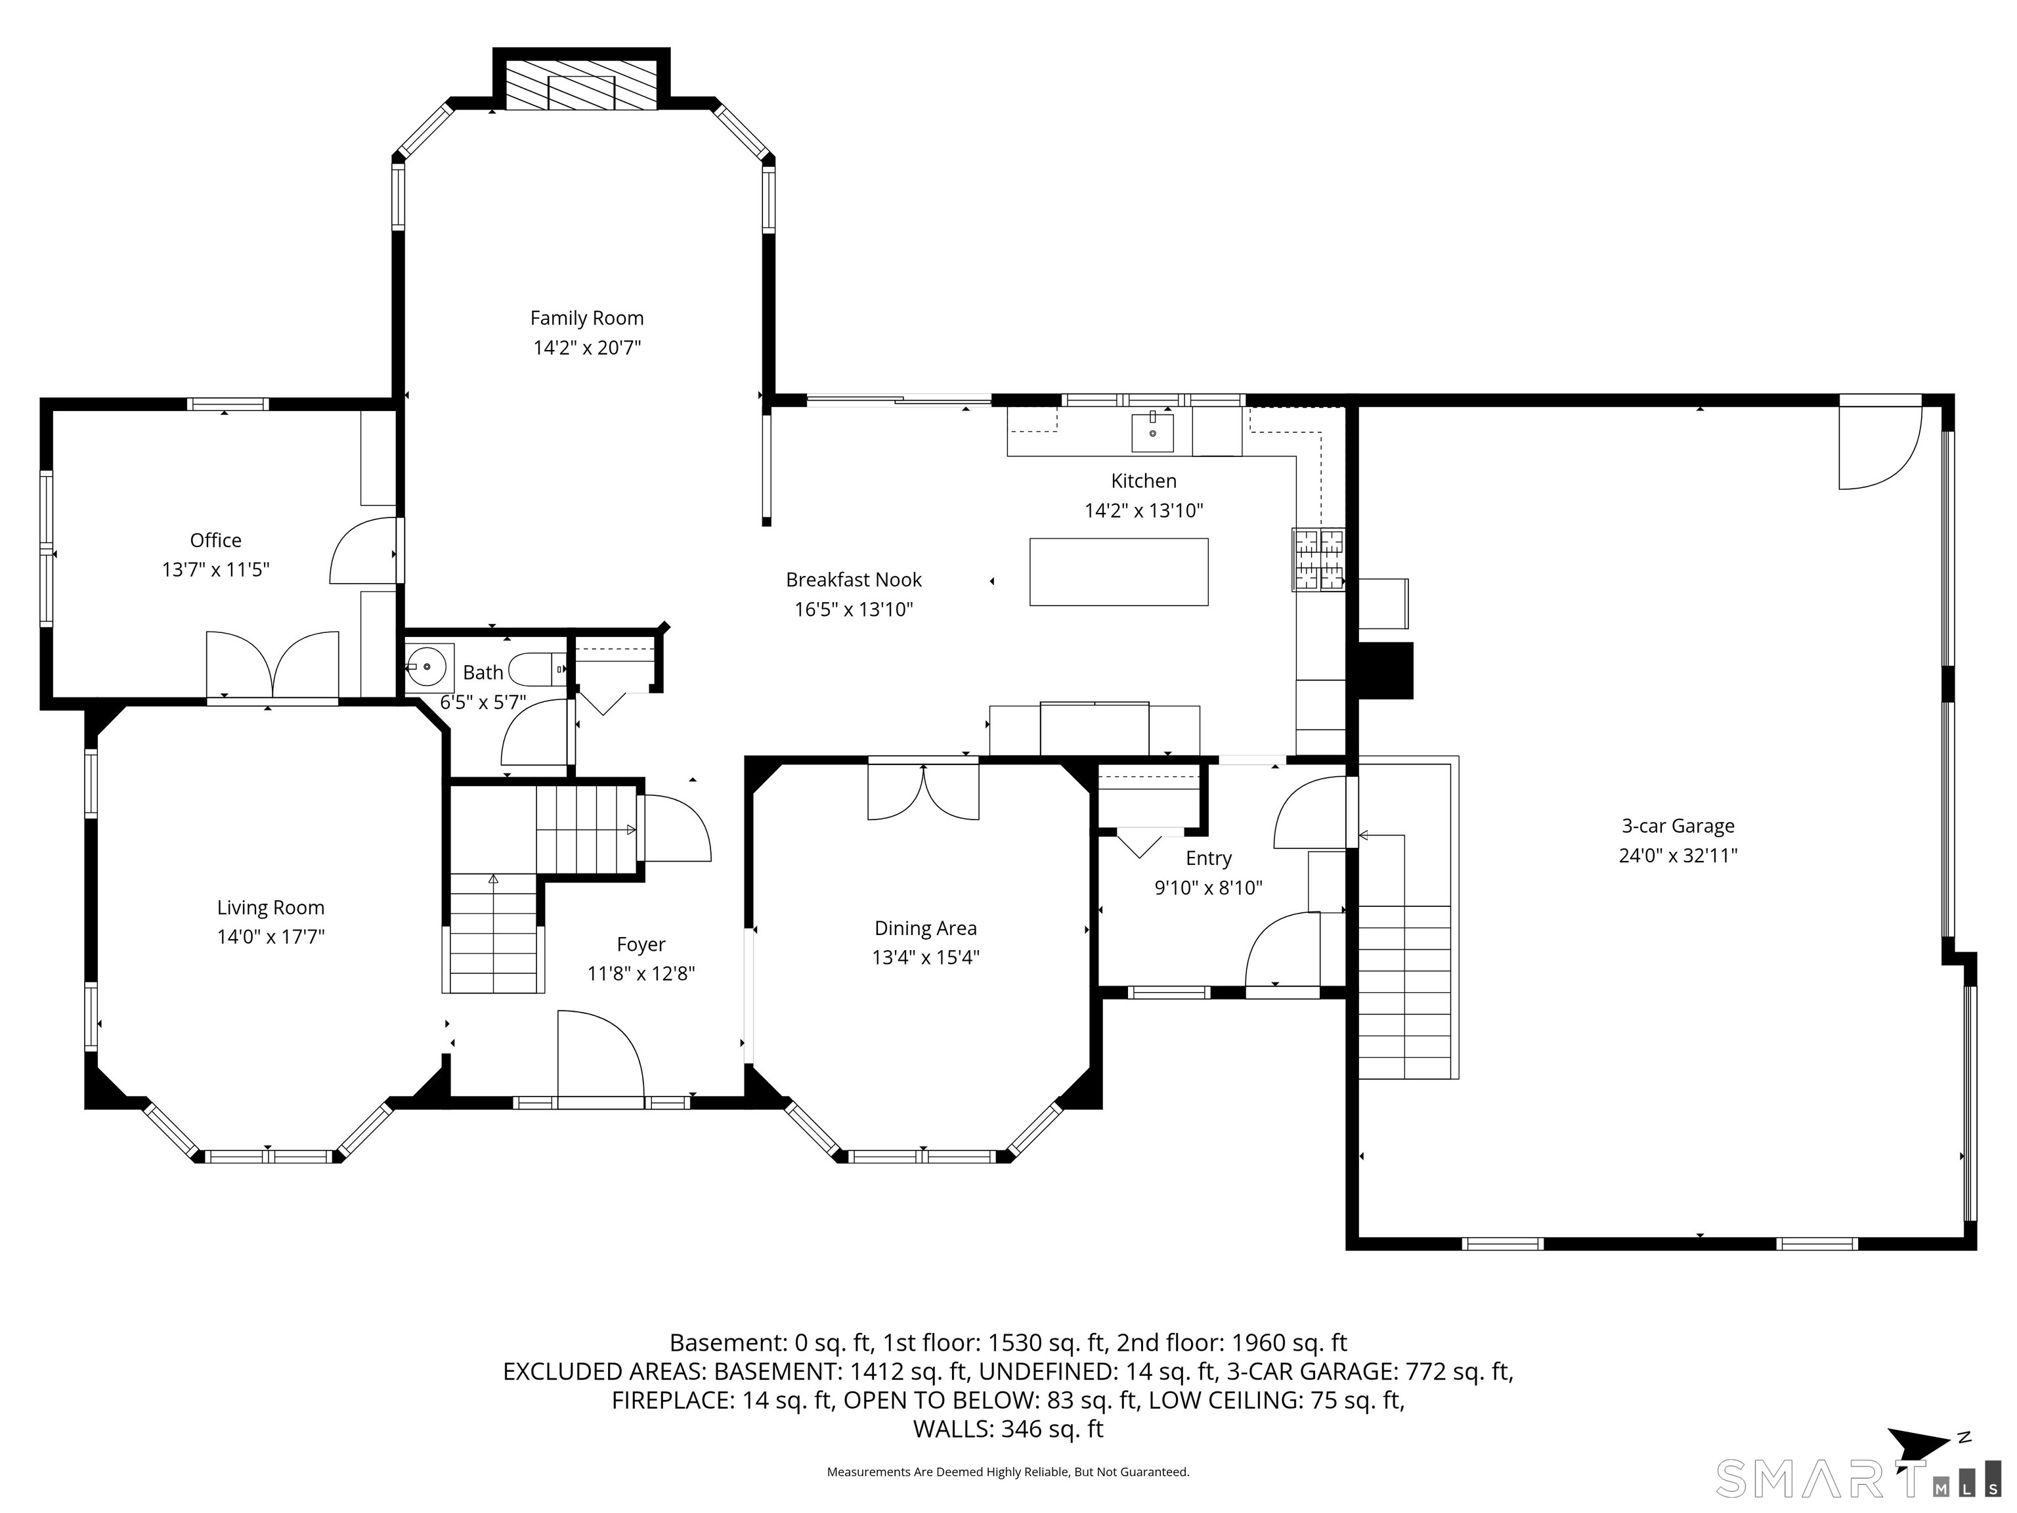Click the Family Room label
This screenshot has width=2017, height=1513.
click(x=587, y=318)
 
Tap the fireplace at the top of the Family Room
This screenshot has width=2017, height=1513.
click(x=581, y=86)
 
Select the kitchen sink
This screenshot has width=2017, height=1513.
click(x=1152, y=431)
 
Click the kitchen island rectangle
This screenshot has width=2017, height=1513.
click(x=1119, y=572)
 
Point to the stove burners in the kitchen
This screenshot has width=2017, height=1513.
click(x=1318, y=560)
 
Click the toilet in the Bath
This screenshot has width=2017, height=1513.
click(x=538, y=669)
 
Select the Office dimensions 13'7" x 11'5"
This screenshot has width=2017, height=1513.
click(x=216, y=570)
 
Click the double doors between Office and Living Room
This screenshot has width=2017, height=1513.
click(x=272, y=666)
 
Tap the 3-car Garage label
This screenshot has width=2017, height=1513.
click(x=1678, y=826)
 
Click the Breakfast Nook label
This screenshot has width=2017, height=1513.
click(x=854, y=580)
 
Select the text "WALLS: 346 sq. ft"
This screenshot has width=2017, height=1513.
click(x=1008, y=1429)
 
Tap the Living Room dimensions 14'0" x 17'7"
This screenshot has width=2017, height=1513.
click(x=271, y=936)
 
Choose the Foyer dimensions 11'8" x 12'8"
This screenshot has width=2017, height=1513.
click(x=641, y=974)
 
